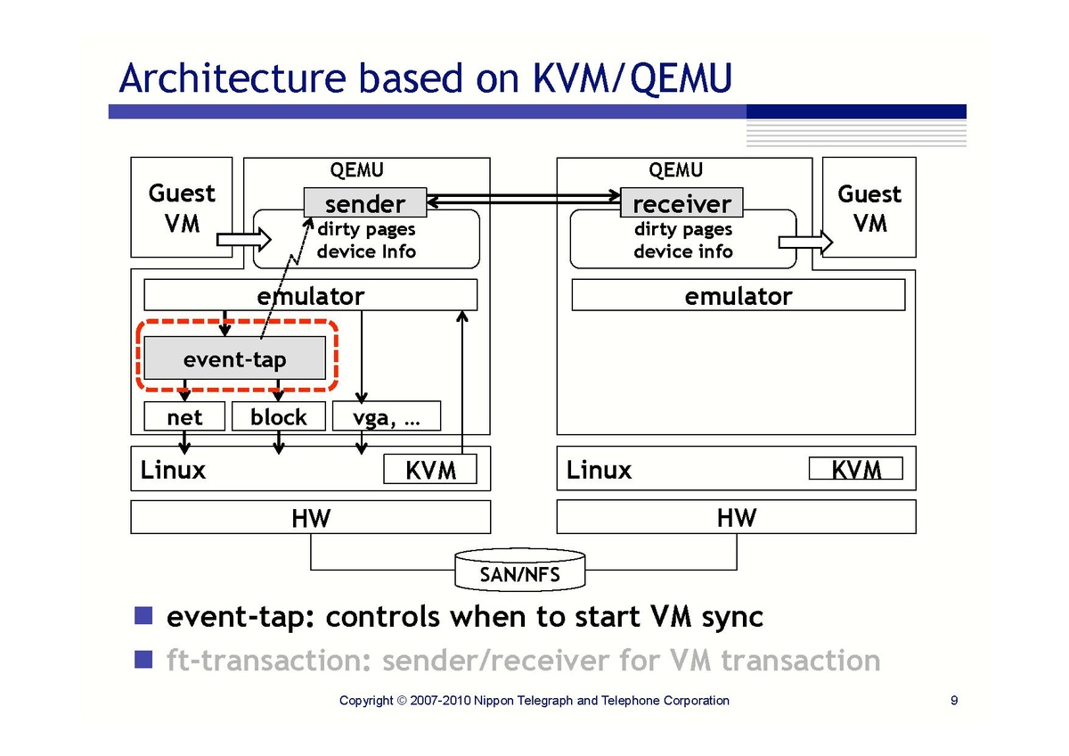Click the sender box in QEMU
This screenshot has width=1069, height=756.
(364, 203)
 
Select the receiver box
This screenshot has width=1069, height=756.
(681, 203)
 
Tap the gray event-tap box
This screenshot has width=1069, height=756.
(235, 358)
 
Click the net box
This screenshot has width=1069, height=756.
(184, 416)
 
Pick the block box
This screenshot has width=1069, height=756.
(278, 416)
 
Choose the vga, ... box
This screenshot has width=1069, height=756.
(386, 416)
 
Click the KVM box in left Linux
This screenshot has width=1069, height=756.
(430, 469)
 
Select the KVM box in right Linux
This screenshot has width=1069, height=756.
(855, 469)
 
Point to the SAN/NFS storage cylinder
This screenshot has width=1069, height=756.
(519, 570)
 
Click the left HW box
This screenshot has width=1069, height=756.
(310, 517)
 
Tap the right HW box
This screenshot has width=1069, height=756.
(736, 517)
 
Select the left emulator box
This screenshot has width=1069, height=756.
(310, 295)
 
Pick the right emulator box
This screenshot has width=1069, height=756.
(738, 295)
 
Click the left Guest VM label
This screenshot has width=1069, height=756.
(182, 208)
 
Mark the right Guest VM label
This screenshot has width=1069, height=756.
(869, 208)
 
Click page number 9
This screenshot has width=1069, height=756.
(954, 701)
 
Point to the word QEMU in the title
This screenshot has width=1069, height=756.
(681, 78)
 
